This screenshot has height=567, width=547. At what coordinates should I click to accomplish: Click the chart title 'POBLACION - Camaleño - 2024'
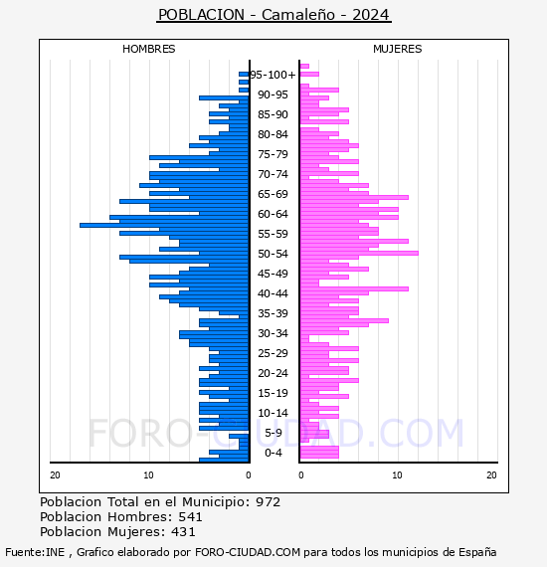[274, 15]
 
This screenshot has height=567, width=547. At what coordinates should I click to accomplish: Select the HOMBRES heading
[148, 49]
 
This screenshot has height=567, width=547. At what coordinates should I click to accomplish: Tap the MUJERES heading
[398, 49]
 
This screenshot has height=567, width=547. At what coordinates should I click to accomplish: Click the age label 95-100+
[273, 75]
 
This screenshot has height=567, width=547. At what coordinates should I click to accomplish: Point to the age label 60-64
[273, 214]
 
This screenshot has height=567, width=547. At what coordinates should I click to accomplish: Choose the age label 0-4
[273, 453]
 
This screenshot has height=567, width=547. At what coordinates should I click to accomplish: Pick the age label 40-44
[273, 293]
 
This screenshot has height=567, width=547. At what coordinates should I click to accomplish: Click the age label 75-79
[273, 154]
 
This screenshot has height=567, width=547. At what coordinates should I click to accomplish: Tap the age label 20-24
[273, 373]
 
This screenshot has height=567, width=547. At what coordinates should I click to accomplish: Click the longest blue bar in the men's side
[164, 225]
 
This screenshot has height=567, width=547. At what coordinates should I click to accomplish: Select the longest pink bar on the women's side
[359, 253]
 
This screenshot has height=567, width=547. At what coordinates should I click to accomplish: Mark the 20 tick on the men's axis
[55, 475]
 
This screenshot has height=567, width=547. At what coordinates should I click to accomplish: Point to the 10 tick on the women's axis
[397, 475]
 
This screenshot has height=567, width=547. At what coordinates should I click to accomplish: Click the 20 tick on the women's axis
[491, 475]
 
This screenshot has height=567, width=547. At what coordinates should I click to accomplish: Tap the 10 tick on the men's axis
[148, 475]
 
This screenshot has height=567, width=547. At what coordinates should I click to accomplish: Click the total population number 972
[268, 502]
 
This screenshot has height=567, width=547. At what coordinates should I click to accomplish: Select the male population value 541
[190, 517]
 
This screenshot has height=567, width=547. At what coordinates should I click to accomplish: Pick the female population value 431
[183, 532]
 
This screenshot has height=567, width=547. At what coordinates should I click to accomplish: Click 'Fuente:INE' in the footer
[35, 552]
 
